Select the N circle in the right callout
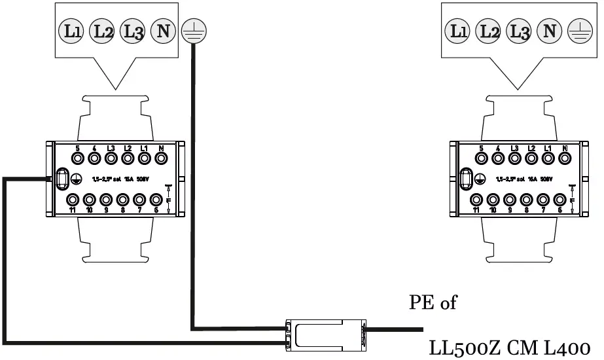coord(550,31)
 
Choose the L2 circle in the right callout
coord(487,31)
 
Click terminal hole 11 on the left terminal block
coord(73,200)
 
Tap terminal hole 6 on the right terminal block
coord(560,200)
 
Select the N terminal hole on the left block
coord(160,158)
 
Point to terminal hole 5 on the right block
coord(481,158)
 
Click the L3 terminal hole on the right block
coord(514,158)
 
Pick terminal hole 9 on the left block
coord(107,200)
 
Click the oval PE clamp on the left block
coord(62,179)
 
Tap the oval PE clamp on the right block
coord(467,179)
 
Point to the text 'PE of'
coord(433,303)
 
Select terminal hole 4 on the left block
coord(94,158)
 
